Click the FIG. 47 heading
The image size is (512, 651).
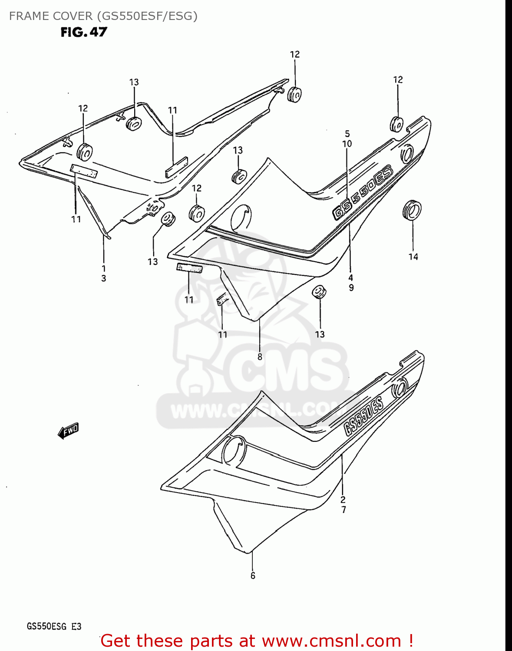[84, 32]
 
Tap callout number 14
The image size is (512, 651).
[413, 256]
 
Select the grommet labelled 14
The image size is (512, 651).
[412, 210]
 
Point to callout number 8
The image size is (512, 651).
[260, 357]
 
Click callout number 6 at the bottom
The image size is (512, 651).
[253, 575]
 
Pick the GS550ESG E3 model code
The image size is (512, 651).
[54, 626]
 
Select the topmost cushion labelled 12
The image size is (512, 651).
[295, 94]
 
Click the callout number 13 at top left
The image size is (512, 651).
[134, 82]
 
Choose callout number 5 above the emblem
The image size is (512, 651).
[347, 134]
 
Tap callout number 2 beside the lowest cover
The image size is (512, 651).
[343, 500]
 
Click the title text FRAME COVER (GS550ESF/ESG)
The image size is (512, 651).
[103, 16]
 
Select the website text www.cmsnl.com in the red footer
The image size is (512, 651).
[332, 641]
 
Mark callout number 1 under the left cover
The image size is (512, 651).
[103, 268]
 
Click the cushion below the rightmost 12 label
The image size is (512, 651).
[396, 124]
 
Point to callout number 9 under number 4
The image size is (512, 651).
[351, 287]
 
